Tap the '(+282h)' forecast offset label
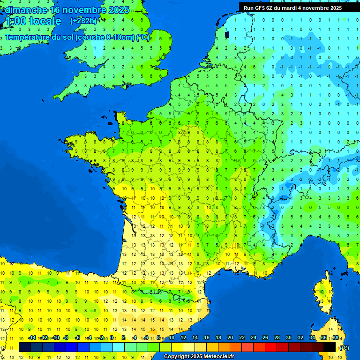coord(83,21)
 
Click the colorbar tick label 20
coord(230,338)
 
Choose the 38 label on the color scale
coord(335,338)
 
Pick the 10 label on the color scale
coord(172,338)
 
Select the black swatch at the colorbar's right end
coord(330,347)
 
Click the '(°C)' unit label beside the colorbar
coord(345,347)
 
